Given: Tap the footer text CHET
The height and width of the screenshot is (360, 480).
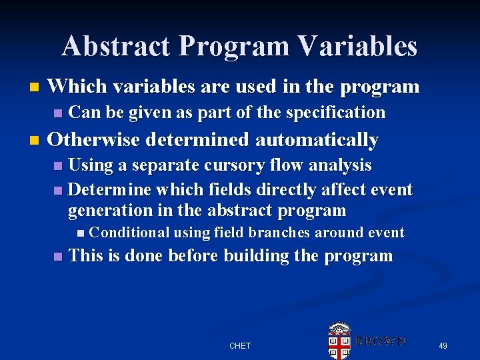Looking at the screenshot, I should coord(240,345).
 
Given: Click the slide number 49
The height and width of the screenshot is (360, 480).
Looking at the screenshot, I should coord(443,345).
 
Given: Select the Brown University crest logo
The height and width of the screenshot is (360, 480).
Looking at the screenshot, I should coord(339,341).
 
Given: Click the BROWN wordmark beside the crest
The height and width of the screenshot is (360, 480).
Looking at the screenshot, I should coord(380,341).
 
